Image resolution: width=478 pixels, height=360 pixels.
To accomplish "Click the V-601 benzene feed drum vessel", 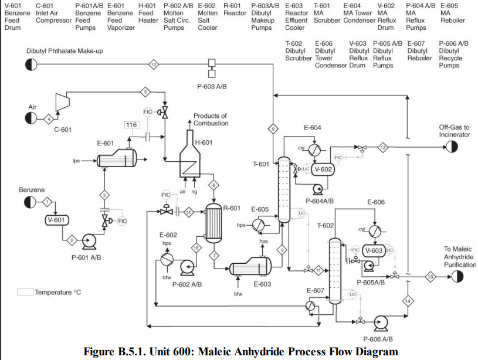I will pyautogui.click(x=57, y=220).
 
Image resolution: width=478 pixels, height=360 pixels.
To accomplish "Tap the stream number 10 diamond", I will pyautogui.click(x=154, y=64).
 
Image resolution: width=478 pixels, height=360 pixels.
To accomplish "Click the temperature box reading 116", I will pyautogui.click(x=131, y=125).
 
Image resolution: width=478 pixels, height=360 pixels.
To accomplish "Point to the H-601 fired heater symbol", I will pyautogui.click(x=189, y=157).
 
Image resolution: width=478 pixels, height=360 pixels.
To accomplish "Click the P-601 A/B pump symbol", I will pyautogui.click(x=91, y=240).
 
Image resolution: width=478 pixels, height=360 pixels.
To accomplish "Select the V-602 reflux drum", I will pyautogui.click(x=322, y=169).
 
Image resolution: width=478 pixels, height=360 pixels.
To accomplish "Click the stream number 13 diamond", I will pyautogui.click(x=430, y=276).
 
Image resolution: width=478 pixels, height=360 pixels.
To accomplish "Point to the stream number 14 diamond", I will pyautogui.click(x=407, y=301).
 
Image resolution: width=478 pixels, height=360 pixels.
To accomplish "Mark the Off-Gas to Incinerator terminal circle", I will pyautogui.click(x=450, y=147).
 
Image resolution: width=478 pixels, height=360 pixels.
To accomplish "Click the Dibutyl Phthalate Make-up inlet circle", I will pyautogui.click(x=31, y=64).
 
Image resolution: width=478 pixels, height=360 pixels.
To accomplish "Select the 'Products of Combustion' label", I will pyautogui.click(x=211, y=119).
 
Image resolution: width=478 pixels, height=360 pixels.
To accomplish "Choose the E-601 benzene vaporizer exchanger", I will pyautogui.click(x=116, y=158).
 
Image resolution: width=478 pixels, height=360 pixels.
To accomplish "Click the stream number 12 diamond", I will pyautogui.click(x=382, y=147).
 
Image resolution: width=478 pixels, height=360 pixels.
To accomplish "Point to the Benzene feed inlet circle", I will pyautogui.click(x=31, y=202).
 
